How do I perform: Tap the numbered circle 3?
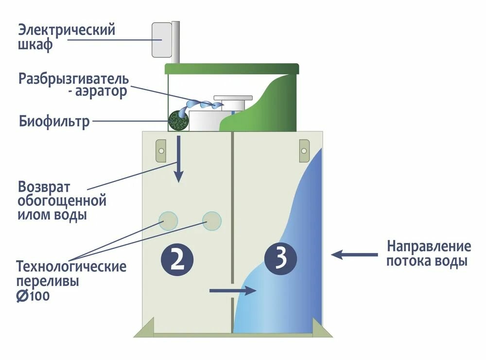[x=280, y=259]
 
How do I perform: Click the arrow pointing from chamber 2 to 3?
[x=233, y=291]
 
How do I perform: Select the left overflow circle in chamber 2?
[x=169, y=221]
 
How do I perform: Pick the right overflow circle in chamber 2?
[x=212, y=221]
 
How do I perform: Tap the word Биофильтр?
[x=54, y=121]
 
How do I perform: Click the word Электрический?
[x=67, y=30]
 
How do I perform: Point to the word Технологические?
[x=71, y=267]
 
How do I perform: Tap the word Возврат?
[x=44, y=187]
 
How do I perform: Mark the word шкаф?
[x=35, y=45]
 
